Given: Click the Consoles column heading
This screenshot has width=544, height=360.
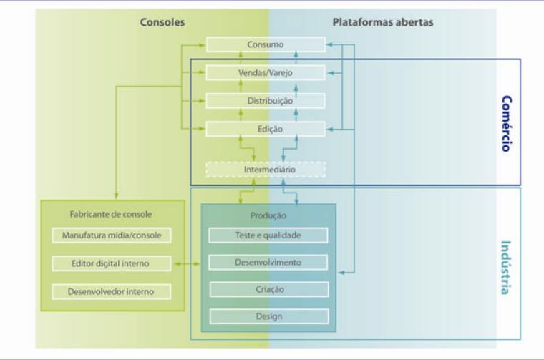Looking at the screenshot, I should tap(162, 22).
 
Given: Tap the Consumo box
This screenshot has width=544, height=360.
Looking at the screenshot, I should tap(266, 44).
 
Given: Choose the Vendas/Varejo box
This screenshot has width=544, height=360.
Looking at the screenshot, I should tap(266, 72).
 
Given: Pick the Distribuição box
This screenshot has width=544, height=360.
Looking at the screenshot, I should tap(266, 101).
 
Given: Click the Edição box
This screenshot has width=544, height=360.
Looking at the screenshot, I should tap(266, 129).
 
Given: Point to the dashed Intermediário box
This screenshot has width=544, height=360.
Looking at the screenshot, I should tap(266, 170).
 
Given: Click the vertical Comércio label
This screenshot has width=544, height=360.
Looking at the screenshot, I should tap(506, 123).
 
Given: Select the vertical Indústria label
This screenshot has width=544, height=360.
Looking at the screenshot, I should tap(506, 268).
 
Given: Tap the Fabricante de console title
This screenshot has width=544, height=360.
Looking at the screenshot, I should tap(111, 213).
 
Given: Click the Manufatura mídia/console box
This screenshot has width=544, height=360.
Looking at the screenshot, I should tap(112, 235).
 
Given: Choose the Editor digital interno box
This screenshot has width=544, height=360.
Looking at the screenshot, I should tap(112, 263).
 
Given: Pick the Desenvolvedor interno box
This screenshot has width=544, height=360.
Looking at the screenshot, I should tap(112, 291).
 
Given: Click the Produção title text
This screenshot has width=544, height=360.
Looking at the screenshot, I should tap(268, 215).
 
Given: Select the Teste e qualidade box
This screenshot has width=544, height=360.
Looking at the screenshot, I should tap(268, 235).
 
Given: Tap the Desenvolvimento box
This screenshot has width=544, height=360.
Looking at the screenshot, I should tap(268, 262).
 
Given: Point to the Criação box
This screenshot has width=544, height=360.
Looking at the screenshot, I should tap(268, 289).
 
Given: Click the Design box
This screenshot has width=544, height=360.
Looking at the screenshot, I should tap(268, 316).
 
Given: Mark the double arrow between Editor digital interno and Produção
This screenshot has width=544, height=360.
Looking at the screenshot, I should tap(186, 265).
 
